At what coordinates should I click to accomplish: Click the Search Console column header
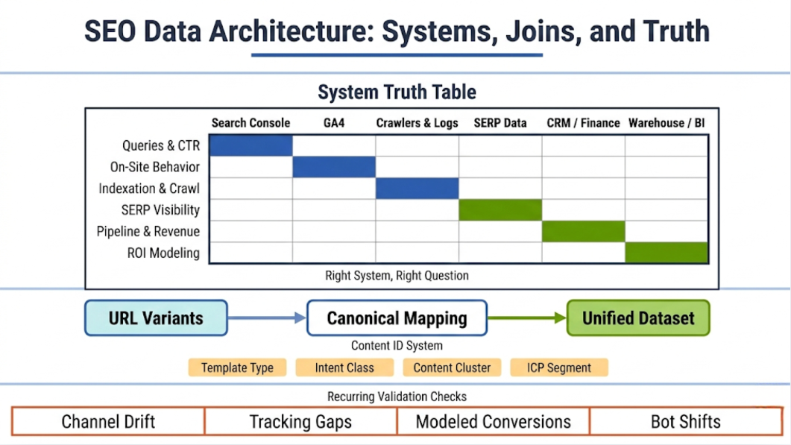(x=250, y=123)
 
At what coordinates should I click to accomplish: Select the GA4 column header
(x=334, y=123)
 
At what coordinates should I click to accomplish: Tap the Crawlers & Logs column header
(x=417, y=123)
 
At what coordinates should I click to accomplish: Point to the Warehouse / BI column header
(x=666, y=123)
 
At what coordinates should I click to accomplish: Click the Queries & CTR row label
(x=161, y=145)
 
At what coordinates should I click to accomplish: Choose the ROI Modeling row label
(x=163, y=253)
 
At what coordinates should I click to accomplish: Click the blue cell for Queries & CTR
(x=250, y=145)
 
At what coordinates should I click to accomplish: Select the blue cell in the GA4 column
(x=334, y=167)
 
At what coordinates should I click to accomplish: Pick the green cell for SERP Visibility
(x=500, y=210)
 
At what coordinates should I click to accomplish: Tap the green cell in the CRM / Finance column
(x=583, y=232)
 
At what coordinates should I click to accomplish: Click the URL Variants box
(x=156, y=318)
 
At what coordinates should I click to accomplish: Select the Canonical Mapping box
(x=397, y=318)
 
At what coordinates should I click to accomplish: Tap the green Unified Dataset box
(x=638, y=318)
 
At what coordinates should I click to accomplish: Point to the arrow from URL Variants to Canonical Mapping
(x=267, y=318)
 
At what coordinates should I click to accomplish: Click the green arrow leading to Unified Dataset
(x=527, y=318)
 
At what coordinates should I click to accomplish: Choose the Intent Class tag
(x=344, y=367)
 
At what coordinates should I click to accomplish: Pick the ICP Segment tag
(x=558, y=367)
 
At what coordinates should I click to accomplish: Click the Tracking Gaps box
(x=300, y=422)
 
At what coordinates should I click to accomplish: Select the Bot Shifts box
(x=686, y=422)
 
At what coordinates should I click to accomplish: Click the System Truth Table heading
(x=397, y=92)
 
